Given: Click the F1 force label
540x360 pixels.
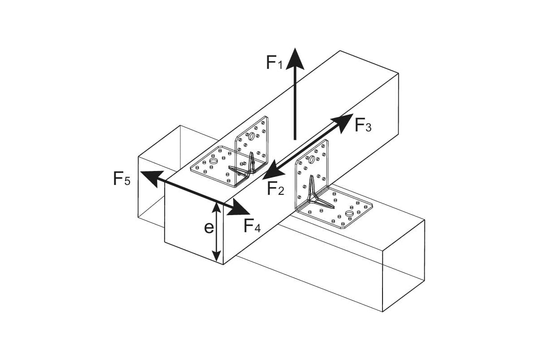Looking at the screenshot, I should coord(274,63).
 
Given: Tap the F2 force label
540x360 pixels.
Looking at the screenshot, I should coord(276,188).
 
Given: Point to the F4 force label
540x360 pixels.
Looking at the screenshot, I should coord(252,225).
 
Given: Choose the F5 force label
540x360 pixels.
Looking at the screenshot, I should coord(121,179).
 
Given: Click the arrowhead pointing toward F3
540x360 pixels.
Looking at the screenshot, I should coord(344,122).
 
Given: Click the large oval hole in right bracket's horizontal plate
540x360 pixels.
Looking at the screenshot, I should coord(349,213).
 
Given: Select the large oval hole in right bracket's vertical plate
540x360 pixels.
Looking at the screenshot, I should coord(311,159).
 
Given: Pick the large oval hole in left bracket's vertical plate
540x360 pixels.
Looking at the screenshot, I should coord(252,136).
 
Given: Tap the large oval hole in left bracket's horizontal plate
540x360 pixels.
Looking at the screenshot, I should coord(214,161).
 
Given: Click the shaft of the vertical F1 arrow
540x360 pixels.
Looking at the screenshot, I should coord(295,103).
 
